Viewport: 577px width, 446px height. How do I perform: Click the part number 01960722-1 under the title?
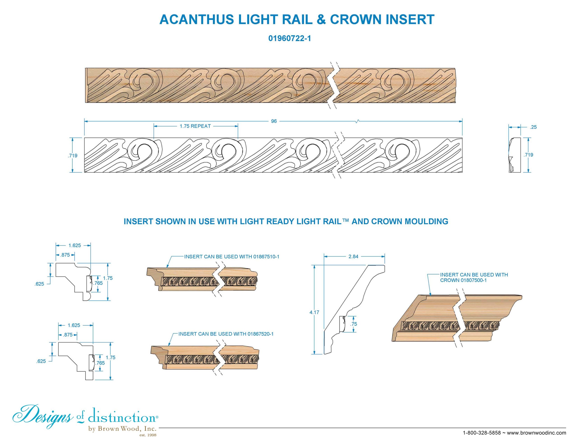[290, 39]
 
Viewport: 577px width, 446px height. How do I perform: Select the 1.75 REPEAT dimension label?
[195, 126]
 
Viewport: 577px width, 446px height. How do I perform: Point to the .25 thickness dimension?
[533, 127]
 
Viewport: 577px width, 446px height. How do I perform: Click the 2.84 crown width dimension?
[353, 256]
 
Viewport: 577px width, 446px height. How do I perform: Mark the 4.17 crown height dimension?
[314, 312]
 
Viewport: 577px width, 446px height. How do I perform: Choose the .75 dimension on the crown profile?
[354, 324]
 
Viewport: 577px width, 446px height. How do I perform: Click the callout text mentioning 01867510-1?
[232, 256]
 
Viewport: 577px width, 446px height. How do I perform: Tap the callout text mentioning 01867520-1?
[226, 334]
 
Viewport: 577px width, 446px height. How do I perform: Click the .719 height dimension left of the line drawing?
[72, 155]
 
